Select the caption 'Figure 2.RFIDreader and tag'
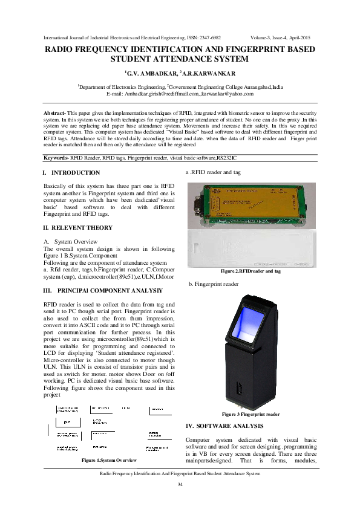tap(250, 271)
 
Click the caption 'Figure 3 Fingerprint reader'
tap(250, 415)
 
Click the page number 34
tap(180, 485)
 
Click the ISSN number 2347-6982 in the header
tap(208, 37)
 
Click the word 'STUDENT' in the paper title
tap(137, 59)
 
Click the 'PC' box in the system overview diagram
tap(67, 421)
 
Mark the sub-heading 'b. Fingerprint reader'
tap(214, 284)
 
